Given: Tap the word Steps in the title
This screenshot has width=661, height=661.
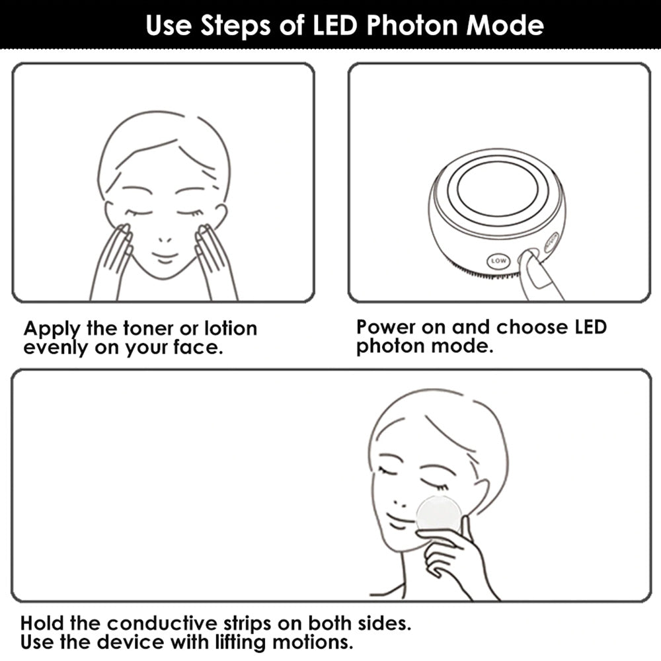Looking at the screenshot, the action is (x=235, y=26).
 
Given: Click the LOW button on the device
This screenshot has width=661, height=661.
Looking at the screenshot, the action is (x=498, y=261).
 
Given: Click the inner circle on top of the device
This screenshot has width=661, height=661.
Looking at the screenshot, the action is (x=498, y=188).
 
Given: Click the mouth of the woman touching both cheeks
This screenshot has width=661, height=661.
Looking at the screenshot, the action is (x=165, y=257).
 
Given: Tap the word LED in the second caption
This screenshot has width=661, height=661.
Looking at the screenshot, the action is (x=590, y=327).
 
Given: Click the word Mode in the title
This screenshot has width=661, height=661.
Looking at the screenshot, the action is (x=504, y=25).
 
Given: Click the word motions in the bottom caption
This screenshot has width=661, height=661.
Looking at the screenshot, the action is (x=312, y=642).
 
